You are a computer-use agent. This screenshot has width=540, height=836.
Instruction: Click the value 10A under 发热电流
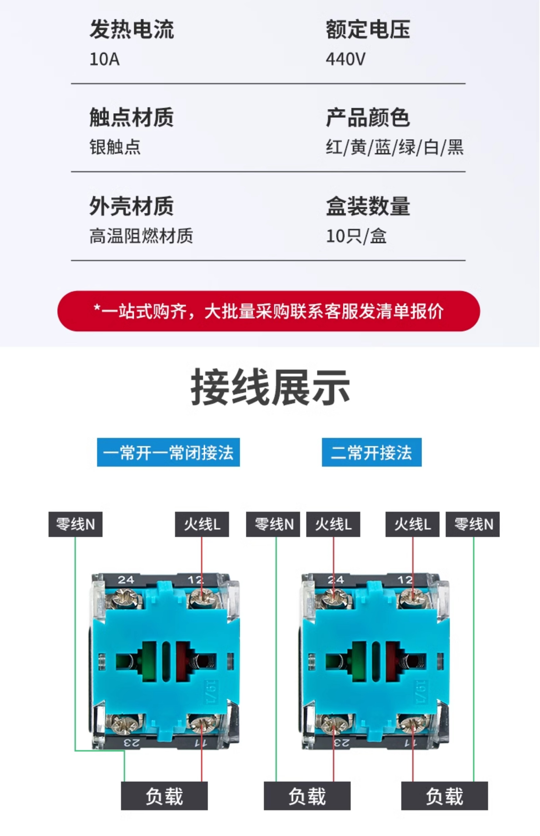(x=105, y=59)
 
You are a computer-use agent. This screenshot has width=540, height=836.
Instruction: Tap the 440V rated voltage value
(x=345, y=59)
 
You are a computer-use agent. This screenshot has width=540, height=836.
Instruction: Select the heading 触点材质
(x=132, y=117)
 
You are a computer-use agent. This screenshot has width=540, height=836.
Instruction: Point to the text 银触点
(x=115, y=147)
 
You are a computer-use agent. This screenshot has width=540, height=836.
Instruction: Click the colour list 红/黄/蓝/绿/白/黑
(x=395, y=147)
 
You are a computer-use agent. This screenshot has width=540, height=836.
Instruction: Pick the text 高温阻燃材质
(x=141, y=236)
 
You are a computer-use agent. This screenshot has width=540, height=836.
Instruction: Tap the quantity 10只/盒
(x=356, y=236)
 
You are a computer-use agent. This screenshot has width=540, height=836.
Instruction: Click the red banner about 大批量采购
(x=269, y=311)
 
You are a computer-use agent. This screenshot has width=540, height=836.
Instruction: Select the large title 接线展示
(x=270, y=387)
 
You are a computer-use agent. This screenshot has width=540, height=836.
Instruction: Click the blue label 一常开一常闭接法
(x=168, y=452)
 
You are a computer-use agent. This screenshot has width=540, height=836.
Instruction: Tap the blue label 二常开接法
(x=372, y=452)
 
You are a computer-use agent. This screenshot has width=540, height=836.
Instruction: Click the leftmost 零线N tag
(x=75, y=524)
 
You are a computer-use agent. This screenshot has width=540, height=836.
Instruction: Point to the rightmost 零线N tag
(x=473, y=524)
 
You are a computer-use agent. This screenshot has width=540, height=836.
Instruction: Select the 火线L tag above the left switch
(x=202, y=524)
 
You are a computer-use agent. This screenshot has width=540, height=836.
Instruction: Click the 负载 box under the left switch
(x=164, y=796)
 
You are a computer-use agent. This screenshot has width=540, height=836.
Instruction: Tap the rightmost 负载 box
(x=444, y=796)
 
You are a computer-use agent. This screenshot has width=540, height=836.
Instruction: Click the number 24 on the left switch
(x=126, y=580)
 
